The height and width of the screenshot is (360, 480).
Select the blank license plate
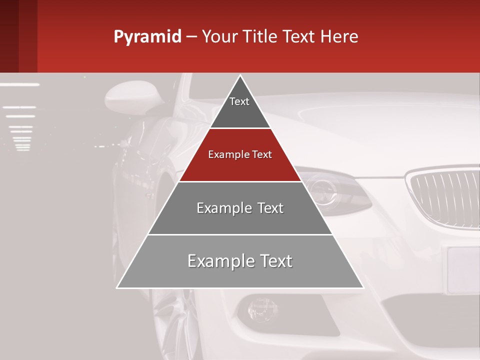tap(463, 270)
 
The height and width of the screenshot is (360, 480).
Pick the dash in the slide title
tap(191, 37)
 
